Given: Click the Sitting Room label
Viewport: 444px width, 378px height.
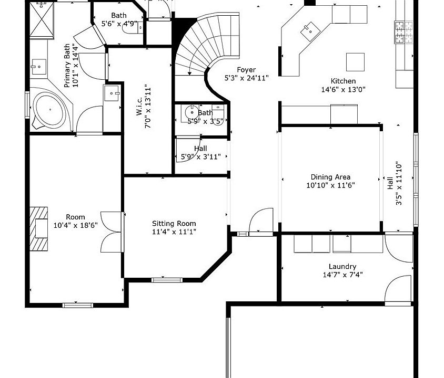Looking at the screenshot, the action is pos(174,224).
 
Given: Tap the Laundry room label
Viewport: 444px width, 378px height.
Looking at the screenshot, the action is pos(342,266).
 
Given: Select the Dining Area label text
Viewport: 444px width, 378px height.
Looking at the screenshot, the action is pos(330,177).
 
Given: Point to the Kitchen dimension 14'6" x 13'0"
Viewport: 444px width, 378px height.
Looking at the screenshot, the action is pos(343,90).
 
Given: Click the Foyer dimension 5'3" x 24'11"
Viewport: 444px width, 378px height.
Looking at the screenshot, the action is pos(246,78).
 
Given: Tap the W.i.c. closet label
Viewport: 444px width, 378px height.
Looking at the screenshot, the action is pos(139,107).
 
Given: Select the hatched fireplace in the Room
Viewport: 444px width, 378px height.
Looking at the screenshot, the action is pos(38,229).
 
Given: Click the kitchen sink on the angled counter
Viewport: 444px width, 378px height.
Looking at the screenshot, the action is pos(310,31).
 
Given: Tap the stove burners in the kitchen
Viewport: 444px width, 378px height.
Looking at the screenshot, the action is pos(404,32).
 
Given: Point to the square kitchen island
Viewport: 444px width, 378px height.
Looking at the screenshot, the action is pos(355,62).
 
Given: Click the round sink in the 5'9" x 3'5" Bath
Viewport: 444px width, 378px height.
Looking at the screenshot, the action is pos(192,112).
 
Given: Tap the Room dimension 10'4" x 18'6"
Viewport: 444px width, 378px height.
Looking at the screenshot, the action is pos(76,225).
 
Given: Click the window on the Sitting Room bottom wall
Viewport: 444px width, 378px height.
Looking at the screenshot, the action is pos(167,280).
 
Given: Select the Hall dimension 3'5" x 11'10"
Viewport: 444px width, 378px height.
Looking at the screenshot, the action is pos(399,183).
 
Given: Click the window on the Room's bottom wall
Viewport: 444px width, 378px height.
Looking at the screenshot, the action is pos(77,305).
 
